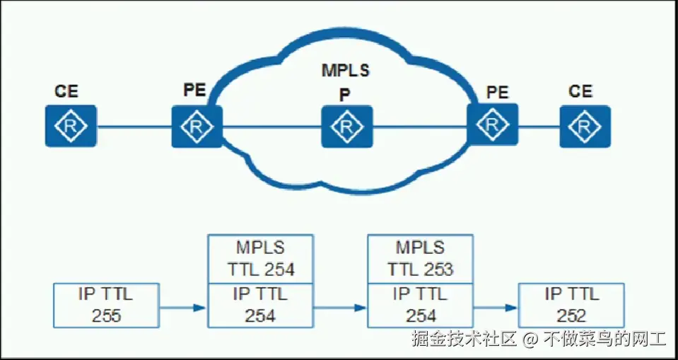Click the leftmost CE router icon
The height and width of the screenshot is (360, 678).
click(x=71, y=126)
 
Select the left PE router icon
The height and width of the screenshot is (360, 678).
click(x=197, y=126)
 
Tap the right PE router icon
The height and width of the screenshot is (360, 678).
click(x=492, y=124)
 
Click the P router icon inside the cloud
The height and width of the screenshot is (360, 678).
click(x=346, y=126)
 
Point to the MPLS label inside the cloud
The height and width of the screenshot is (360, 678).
click(x=346, y=71)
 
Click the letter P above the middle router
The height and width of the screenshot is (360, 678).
click(x=345, y=95)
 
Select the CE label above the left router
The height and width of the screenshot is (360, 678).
click(x=66, y=91)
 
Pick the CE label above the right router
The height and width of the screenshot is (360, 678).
click(x=580, y=91)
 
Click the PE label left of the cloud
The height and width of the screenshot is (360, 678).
click(x=194, y=90)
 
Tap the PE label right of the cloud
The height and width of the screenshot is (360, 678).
click(x=498, y=91)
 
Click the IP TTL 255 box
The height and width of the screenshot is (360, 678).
click(x=106, y=305)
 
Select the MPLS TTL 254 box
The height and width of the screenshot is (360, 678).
click(x=260, y=258)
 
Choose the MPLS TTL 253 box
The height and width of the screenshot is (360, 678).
click(x=420, y=258)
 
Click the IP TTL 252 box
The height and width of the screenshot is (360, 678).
click(x=571, y=305)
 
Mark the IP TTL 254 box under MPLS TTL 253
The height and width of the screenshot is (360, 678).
click(x=420, y=305)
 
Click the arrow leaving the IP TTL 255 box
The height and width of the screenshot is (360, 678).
click(x=182, y=308)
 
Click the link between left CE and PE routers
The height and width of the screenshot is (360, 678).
click(x=134, y=127)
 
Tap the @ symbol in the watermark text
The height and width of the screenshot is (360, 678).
click(x=531, y=339)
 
